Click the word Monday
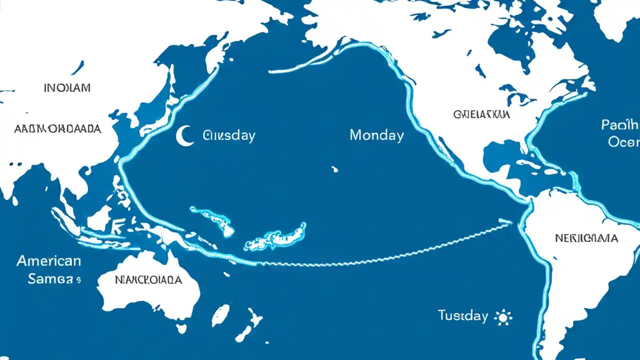click(x=376, y=135)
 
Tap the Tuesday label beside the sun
click(x=462, y=315)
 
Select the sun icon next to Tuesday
click(x=502, y=316)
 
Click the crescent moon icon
click(x=184, y=136)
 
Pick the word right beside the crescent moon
click(x=229, y=135)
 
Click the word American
click(x=48, y=260)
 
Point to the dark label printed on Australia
click(x=148, y=280)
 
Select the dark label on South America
click(x=586, y=238)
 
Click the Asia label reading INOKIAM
click(x=67, y=88)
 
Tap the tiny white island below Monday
click(x=334, y=169)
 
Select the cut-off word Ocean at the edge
click(x=623, y=142)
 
